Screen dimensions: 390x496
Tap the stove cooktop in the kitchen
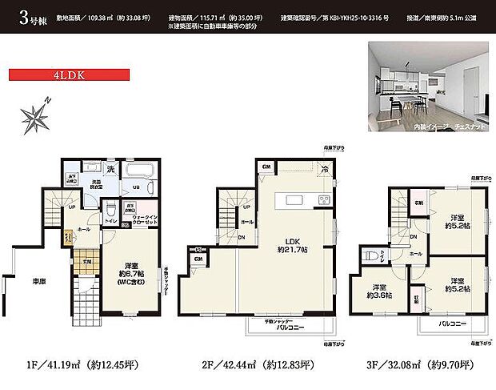coord(326,199)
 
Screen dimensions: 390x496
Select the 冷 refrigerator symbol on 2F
coord(324,168)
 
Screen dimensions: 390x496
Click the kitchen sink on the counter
coord(290,199)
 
